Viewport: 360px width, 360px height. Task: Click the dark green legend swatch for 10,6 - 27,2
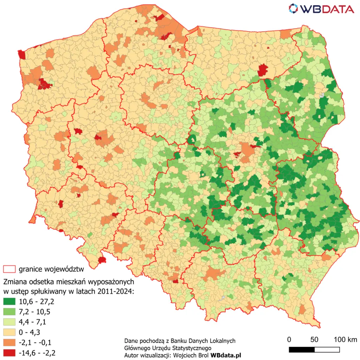(x=9, y=302)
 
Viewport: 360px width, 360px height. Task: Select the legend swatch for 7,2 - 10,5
(x=9, y=312)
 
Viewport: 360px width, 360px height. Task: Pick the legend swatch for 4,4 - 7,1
(x=9, y=322)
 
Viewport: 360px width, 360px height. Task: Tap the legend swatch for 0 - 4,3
(x=9, y=332)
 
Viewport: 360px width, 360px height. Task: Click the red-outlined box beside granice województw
(x=9, y=270)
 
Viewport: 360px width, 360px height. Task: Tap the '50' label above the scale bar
(x=314, y=340)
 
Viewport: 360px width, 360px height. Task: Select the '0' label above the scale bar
(x=289, y=340)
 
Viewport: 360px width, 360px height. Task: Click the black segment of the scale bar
(x=302, y=349)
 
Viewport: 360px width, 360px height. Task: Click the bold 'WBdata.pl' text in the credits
(x=226, y=355)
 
